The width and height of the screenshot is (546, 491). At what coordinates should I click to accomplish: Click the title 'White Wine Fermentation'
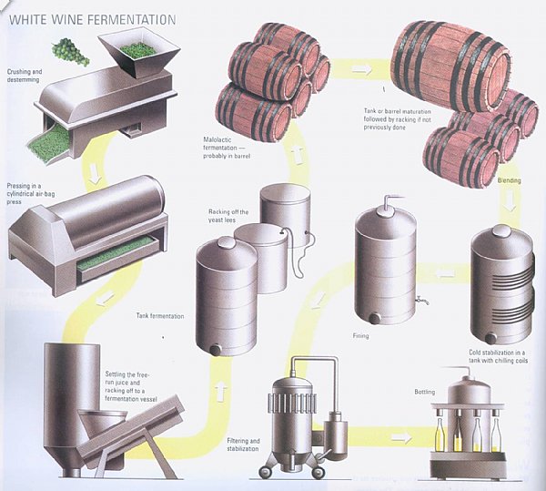pyautogui.click(x=92, y=20)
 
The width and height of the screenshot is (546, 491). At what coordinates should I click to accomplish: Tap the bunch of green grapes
pyautogui.click(x=70, y=52)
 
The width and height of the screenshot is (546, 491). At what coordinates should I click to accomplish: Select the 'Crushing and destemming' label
pyautogui.click(x=24, y=76)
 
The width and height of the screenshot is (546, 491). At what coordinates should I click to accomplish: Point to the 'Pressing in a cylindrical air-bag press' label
pyautogui.click(x=30, y=194)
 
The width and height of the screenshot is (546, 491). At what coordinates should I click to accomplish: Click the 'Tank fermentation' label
pyautogui.click(x=160, y=316)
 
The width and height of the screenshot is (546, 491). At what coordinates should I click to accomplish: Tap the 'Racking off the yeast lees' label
pyautogui.click(x=228, y=216)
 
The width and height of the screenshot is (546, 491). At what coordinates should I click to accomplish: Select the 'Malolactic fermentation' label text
pyautogui.click(x=227, y=148)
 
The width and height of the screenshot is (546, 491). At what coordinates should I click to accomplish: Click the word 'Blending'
pyautogui.click(x=509, y=180)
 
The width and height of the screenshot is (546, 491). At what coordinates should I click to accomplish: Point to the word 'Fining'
pyautogui.click(x=360, y=336)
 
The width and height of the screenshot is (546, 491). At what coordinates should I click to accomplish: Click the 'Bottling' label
pyautogui.click(x=424, y=392)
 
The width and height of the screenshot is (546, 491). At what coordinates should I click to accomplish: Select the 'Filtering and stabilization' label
pyautogui.click(x=243, y=445)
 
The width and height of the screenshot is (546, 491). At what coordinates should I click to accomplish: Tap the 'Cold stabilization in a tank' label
pyautogui.click(x=498, y=356)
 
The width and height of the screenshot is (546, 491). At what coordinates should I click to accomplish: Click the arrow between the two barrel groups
pyautogui.click(x=362, y=69)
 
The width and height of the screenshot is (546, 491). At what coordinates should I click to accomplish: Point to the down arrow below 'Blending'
pyautogui.click(x=511, y=202)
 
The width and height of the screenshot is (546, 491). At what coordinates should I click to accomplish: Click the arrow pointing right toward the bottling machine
pyautogui.click(x=401, y=437)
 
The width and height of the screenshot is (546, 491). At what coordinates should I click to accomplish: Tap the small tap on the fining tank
pyautogui.click(x=421, y=300)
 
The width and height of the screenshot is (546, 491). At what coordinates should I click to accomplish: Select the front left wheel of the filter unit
pyautogui.click(x=266, y=472)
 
